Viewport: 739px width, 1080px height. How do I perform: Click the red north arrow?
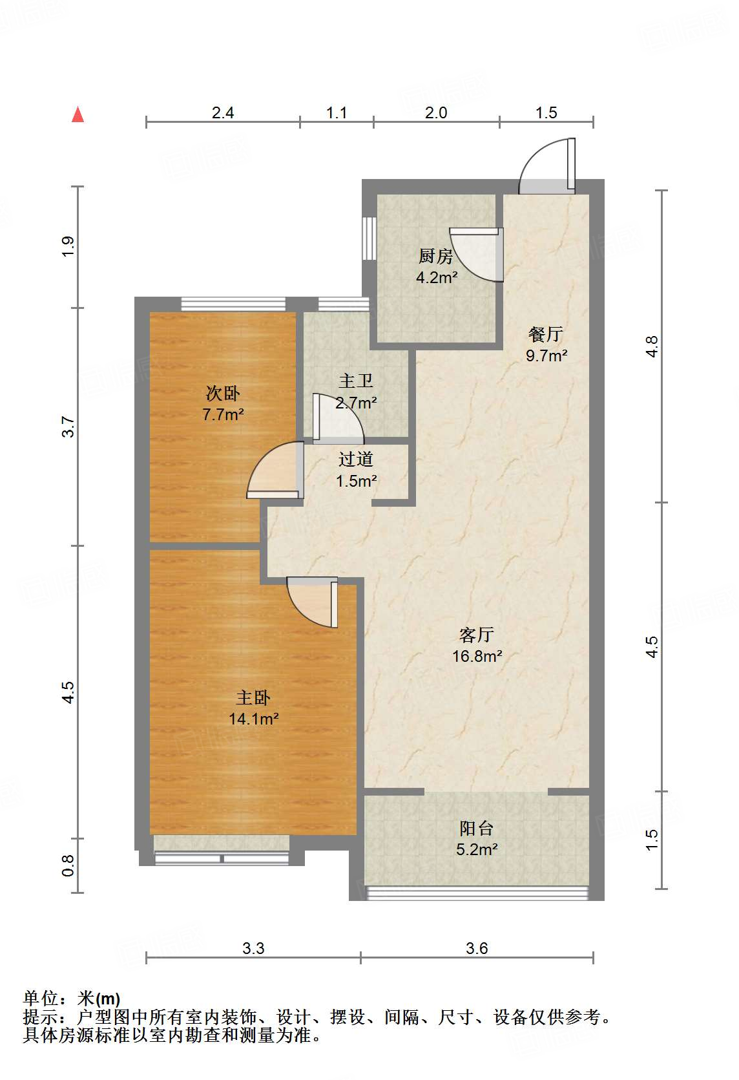coord(78,115)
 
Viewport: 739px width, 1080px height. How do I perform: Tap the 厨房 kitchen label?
coord(435,256)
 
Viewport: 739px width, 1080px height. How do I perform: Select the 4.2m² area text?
coord(437,278)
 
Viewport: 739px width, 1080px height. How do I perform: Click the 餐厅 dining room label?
coord(545,334)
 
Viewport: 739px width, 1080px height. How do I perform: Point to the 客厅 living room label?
coord(477,635)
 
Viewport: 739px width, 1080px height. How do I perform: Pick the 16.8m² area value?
coord(477,656)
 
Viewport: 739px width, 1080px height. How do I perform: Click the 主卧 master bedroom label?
coord(253,697)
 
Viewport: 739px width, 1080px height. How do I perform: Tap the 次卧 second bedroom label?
coord(223,394)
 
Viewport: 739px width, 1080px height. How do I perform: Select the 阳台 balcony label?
coord(477,829)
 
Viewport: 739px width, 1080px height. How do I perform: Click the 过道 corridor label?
coord(355,460)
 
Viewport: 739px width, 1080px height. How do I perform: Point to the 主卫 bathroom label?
coord(355,381)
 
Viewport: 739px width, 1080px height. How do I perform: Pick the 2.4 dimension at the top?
coord(223,113)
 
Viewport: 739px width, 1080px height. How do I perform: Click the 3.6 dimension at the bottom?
coord(477,948)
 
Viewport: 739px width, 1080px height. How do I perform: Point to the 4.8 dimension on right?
coord(651,346)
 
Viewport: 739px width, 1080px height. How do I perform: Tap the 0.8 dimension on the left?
coord(68,865)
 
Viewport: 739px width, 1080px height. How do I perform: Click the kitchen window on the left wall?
coord(369,238)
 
